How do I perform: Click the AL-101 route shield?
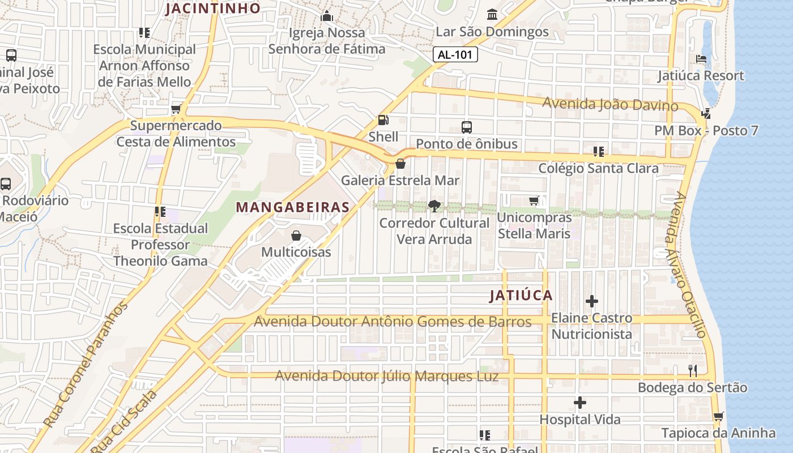[455, 55]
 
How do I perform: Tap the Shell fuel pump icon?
[383, 121]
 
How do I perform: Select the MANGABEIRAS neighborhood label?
[293, 207]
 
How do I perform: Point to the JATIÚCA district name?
[521, 296]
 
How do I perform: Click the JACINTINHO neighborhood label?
[213, 8]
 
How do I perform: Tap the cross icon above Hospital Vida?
[580, 403]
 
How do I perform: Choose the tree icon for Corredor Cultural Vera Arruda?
[434, 206]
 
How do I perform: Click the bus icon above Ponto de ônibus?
[467, 127]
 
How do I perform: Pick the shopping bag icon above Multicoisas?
[296, 236]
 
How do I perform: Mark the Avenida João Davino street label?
[610, 104]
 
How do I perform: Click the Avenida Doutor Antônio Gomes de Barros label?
[393, 322]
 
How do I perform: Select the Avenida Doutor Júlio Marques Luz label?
[387, 376]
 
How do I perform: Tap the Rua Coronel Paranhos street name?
[86, 365]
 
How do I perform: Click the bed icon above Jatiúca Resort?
[701, 59]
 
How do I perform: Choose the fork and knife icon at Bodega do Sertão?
[693, 371]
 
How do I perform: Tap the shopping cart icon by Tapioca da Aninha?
[718, 417]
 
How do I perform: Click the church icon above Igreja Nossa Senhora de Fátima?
[327, 16]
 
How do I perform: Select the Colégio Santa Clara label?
[598, 168]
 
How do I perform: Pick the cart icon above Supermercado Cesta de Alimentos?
[176, 109]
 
